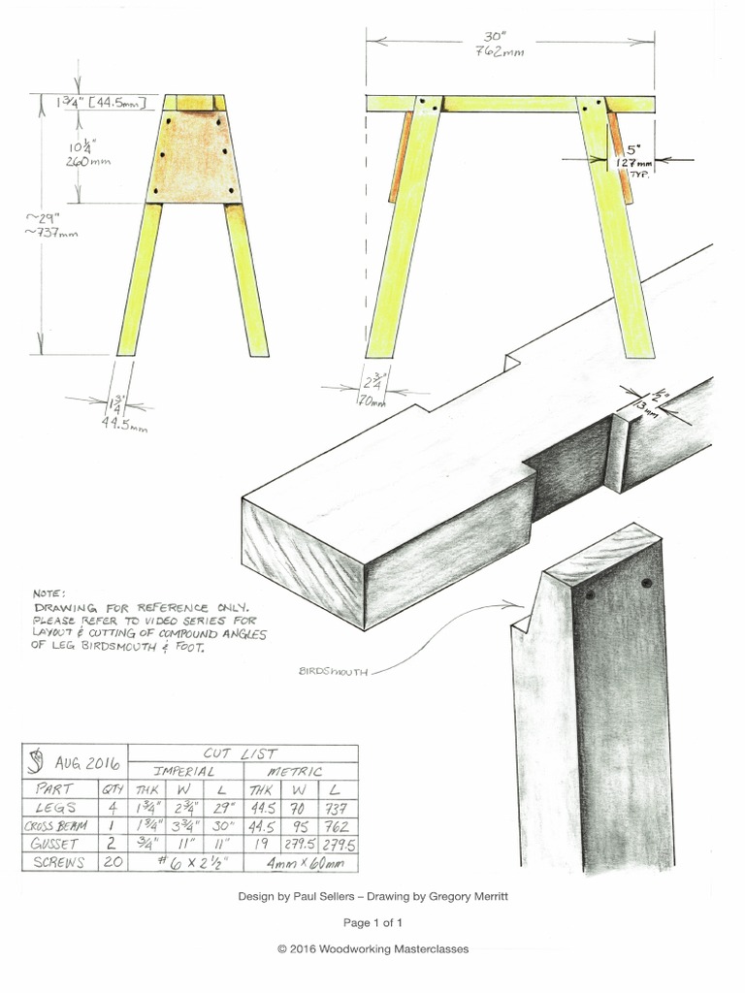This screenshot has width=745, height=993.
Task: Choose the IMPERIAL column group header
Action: pos(185,771)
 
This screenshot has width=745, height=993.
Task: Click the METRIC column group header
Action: pos(296,771)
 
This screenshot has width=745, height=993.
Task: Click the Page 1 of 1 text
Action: pos(372,923)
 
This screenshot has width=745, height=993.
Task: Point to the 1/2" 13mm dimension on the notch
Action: pos(648,400)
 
